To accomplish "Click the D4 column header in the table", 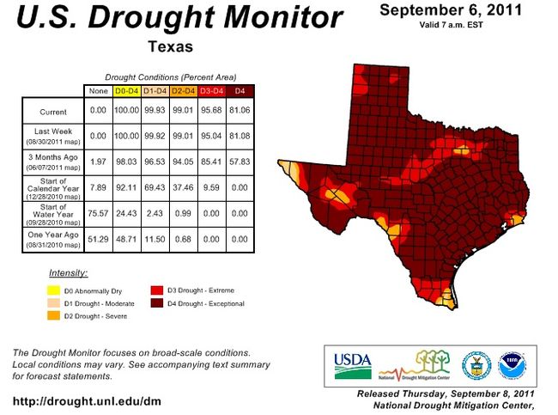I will pyautogui.click(x=241, y=90).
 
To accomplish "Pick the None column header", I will pyautogui.click(x=97, y=90).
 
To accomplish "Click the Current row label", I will pyautogui.click(x=52, y=112).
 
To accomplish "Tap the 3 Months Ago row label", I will pyautogui.click(x=52, y=162).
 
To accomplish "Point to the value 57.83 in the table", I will pyautogui.click(x=241, y=162).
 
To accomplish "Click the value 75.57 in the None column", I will pyautogui.click(x=97, y=212).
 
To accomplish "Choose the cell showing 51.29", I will pyautogui.click(x=97, y=239).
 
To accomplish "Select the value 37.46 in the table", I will pyautogui.click(x=183, y=186).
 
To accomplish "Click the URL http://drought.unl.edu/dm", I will pyautogui.click(x=87, y=400).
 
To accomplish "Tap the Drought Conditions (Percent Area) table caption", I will pyautogui.click(x=170, y=77).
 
